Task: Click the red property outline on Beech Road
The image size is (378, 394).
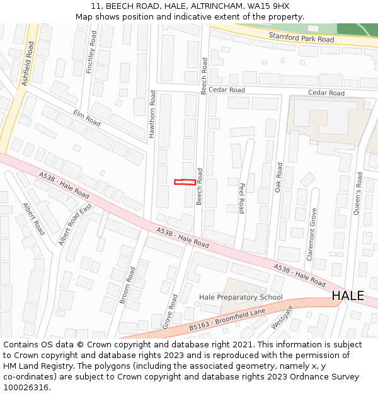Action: coord(185,182)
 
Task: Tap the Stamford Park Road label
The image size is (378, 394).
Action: coord(301,38)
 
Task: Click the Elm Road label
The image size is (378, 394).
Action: coord(87,117)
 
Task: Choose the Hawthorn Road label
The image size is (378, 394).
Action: coord(152,113)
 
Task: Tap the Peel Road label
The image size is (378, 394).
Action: coord(241,199)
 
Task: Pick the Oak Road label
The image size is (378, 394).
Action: coord(278,178)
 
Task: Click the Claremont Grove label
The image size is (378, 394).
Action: coord(311,235)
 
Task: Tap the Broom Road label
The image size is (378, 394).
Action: coord(127,286)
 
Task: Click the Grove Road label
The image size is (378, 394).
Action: coord(169,311)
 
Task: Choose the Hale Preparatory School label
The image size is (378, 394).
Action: coord(241,297)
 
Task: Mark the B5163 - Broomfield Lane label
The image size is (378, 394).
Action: coord(227,320)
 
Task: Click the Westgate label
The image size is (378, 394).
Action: coord(282,317)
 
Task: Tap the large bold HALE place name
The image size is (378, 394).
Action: coord(348,296)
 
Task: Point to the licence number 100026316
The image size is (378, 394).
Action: coord(26,388)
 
